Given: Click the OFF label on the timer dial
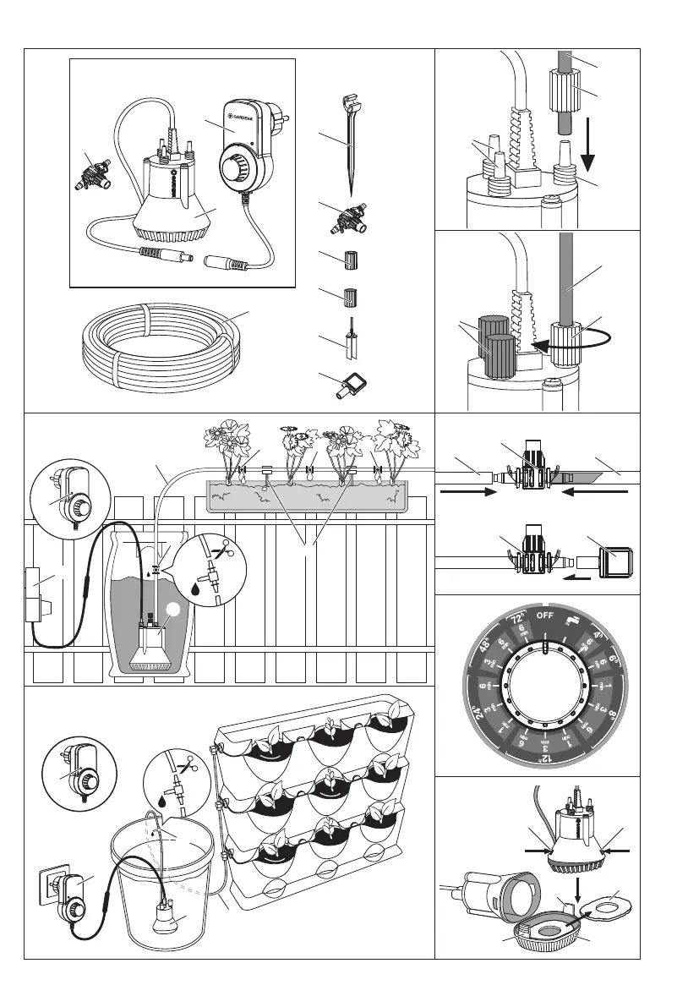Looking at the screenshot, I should tap(545, 615).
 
